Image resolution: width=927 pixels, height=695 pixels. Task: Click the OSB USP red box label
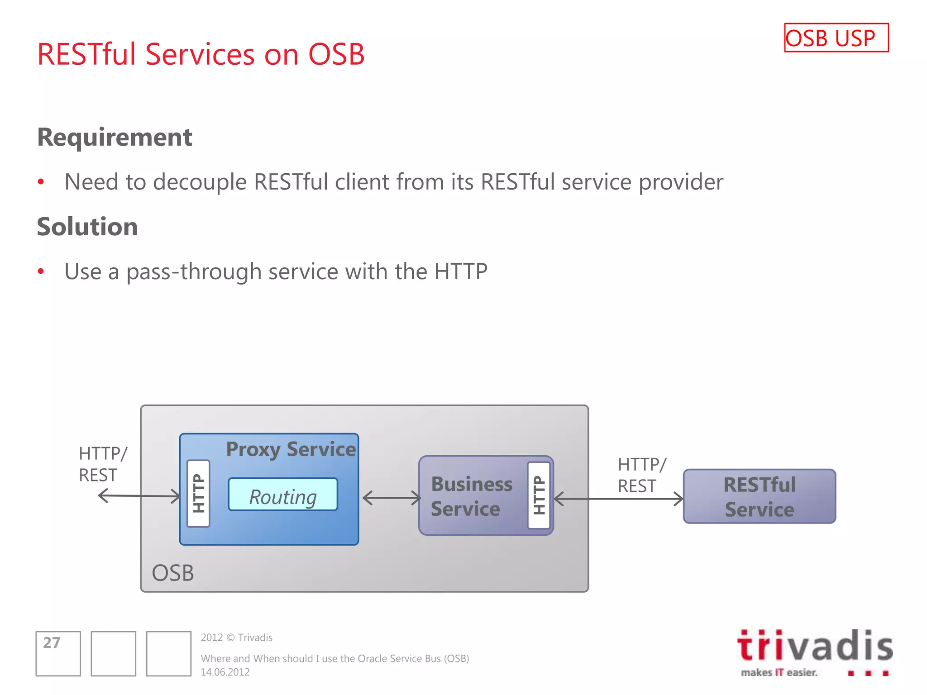(836, 38)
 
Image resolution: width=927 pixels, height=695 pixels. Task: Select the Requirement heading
(115, 137)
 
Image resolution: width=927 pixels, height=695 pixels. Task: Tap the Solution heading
(87, 227)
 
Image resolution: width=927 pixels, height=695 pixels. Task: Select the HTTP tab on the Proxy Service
(199, 493)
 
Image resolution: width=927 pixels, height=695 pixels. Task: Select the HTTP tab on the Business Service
(539, 495)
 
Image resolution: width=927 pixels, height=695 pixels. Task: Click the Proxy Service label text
(291, 449)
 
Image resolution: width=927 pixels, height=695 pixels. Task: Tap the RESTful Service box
(759, 496)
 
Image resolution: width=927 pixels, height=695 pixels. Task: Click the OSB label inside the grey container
(172, 573)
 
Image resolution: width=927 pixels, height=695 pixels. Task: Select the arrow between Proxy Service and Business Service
(392, 498)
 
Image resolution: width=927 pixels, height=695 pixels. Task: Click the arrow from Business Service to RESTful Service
(618, 499)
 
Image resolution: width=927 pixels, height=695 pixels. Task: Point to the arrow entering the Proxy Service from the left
(139, 496)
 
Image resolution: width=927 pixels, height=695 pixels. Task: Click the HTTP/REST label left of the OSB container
(102, 464)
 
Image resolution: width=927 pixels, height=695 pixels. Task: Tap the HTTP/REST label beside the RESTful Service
(641, 475)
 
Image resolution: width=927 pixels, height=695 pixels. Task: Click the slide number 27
(51, 643)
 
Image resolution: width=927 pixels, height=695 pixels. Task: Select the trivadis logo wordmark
(815, 646)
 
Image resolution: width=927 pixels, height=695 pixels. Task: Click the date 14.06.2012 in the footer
(225, 672)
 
